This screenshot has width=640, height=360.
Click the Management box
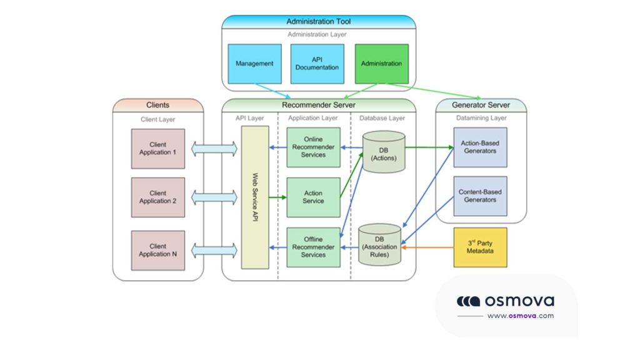point(254,64)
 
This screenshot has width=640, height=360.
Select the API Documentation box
point(317,64)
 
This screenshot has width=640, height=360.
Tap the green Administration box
point(381,64)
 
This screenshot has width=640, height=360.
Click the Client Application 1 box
point(158,149)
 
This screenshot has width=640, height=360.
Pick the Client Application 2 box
point(158,197)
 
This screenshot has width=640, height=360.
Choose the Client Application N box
point(158,251)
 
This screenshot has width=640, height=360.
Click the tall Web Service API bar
point(255,197)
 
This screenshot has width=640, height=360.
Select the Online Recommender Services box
point(313,147)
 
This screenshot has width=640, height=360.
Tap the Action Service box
point(313,197)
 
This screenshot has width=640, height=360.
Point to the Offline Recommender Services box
point(313,247)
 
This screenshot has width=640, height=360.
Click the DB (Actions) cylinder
point(384,152)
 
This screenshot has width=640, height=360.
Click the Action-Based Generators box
point(480,147)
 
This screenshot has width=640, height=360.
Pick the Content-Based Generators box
point(480,196)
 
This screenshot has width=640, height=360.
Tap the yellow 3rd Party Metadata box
point(480,247)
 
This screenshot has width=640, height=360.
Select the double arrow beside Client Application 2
point(214,197)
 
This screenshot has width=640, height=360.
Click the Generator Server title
point(481,105)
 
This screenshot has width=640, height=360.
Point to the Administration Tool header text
point(318,22)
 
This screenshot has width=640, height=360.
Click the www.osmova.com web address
point(520,316)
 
